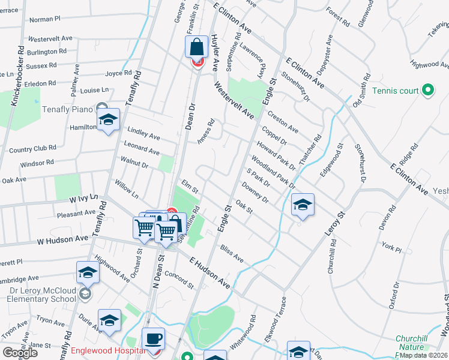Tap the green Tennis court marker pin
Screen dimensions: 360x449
coord(427,91)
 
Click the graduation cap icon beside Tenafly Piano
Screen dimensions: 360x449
coord(109,120)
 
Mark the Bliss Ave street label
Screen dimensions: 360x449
coord(232,253)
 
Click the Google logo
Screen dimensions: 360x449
coord(20,352)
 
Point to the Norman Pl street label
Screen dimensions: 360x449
coord(45,19)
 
